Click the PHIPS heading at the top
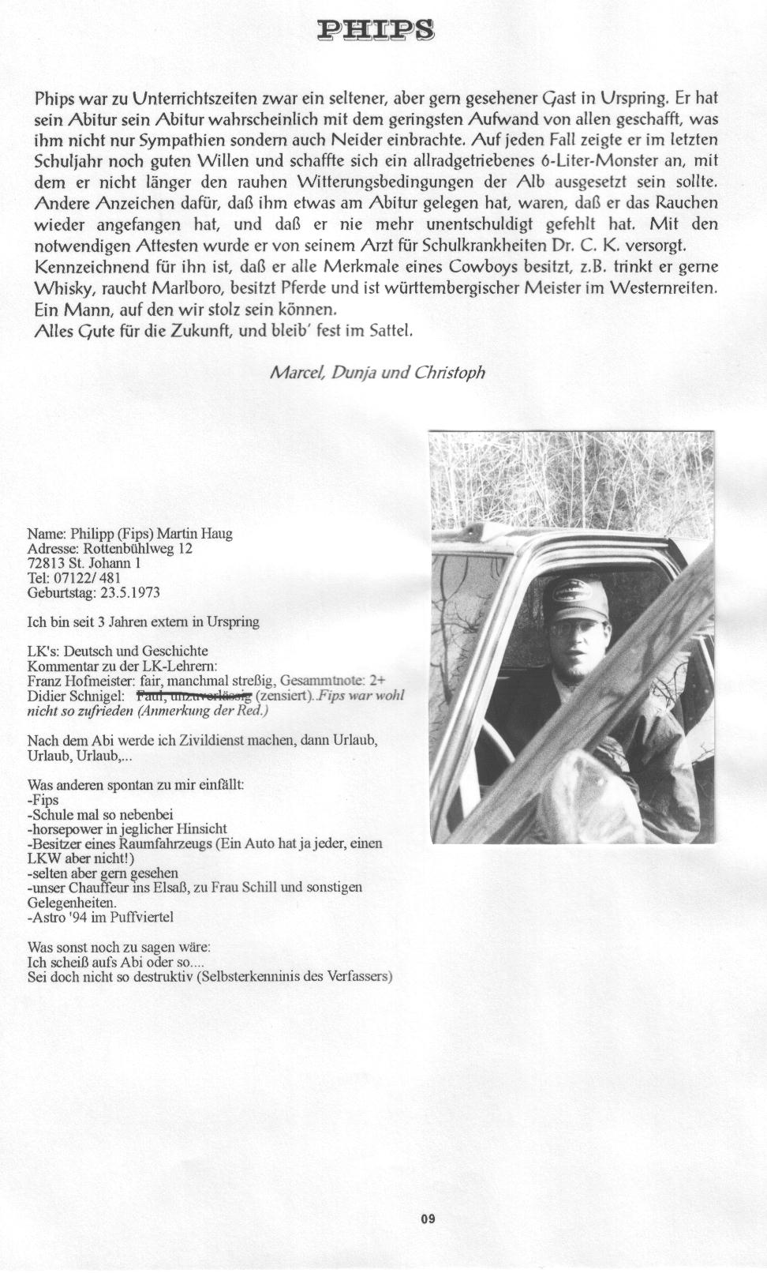376,31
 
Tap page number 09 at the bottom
428,1219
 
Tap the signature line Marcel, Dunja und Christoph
377,372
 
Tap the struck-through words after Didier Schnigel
194,696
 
